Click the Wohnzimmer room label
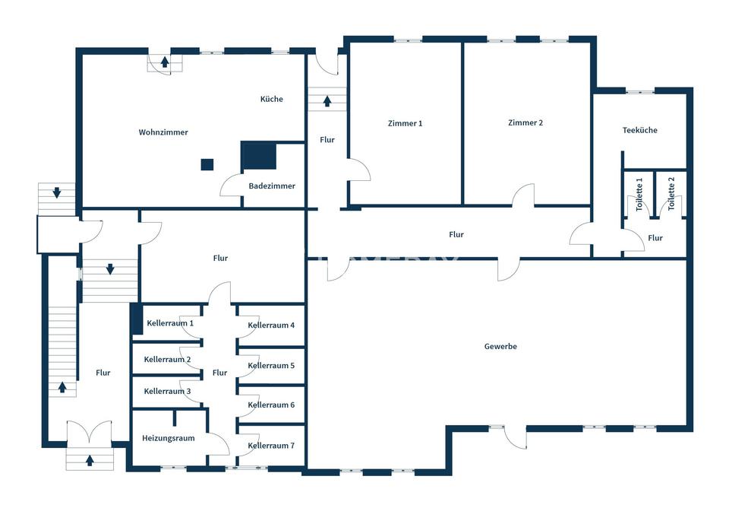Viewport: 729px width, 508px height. pos(163,132)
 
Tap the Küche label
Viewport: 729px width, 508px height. pos(272,99)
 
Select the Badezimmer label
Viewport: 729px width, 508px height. pos(272,186)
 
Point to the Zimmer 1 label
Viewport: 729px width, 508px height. pos(405,123)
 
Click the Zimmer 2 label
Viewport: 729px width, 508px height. pos(525,122)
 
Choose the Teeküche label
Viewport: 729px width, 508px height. pos(639,130)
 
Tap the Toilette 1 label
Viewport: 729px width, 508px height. pos(639,194)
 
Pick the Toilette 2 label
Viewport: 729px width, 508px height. pos(671,194)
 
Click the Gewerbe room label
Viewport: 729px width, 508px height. pos(500,347)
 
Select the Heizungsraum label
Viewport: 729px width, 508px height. pos(169,438)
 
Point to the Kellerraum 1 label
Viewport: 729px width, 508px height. pos(170,323)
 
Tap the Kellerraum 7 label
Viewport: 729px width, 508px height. pos(271,446)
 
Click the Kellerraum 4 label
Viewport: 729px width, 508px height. pos(271,325)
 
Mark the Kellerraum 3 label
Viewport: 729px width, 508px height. pos(167,391)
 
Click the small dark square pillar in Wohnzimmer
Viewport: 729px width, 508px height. pos(207,164)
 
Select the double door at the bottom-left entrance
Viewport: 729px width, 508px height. pos(89,432)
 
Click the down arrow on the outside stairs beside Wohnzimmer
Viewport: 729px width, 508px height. pos(57,192)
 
